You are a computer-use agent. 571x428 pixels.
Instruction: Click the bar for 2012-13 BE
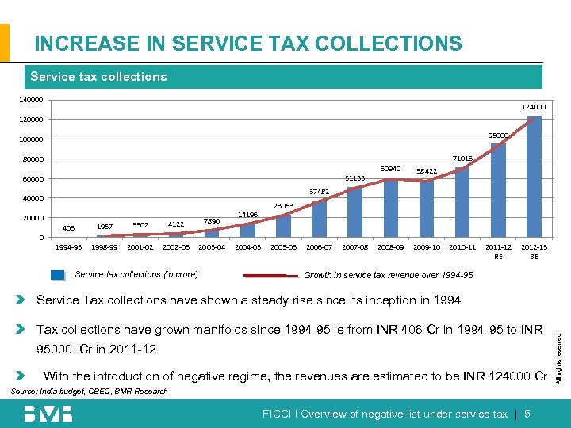(534, 176)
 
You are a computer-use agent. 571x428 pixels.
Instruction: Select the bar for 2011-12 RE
(498, 190)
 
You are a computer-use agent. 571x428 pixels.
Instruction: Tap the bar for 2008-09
(391, 208)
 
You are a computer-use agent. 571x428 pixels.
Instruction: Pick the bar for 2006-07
(319, 219)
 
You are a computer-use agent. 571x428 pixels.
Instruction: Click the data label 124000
(533, 107)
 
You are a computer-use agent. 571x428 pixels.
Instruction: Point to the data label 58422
(427, 170)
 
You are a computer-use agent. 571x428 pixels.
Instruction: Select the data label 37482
(319, 191)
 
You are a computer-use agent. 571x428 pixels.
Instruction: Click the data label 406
(68, 228)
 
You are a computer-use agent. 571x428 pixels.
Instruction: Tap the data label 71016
(462, 159)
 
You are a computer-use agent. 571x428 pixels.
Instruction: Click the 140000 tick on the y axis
(32, 101)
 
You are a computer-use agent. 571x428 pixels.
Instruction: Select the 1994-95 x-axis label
(68, 247)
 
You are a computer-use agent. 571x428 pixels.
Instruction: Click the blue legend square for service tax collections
(58, 275)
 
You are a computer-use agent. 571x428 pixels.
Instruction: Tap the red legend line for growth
(271, 275)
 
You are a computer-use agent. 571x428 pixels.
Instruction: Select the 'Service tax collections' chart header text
(98, 77)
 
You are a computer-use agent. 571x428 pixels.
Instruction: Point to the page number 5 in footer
(527, 414)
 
